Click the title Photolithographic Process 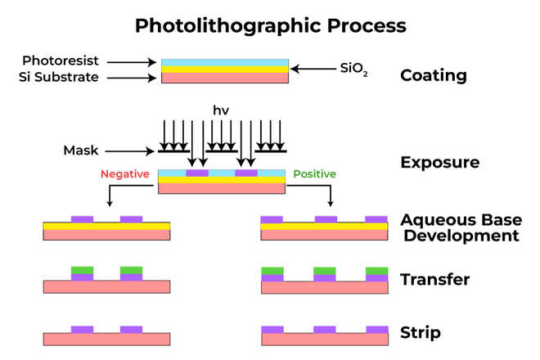pos(270,25)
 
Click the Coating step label pos(433,76)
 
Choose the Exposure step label pos(439,162)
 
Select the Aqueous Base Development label pos(459,227)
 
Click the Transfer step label pos(434,280)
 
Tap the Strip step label pos(421,332)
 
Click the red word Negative pos(124,174)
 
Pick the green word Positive pos(314,174)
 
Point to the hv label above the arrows pos(221,110)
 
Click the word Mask pos(81,151)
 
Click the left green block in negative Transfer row pos(82,270)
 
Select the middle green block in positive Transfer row pos(326,270)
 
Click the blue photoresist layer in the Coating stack pos(224,62)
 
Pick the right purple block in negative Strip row pos(131,329)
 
